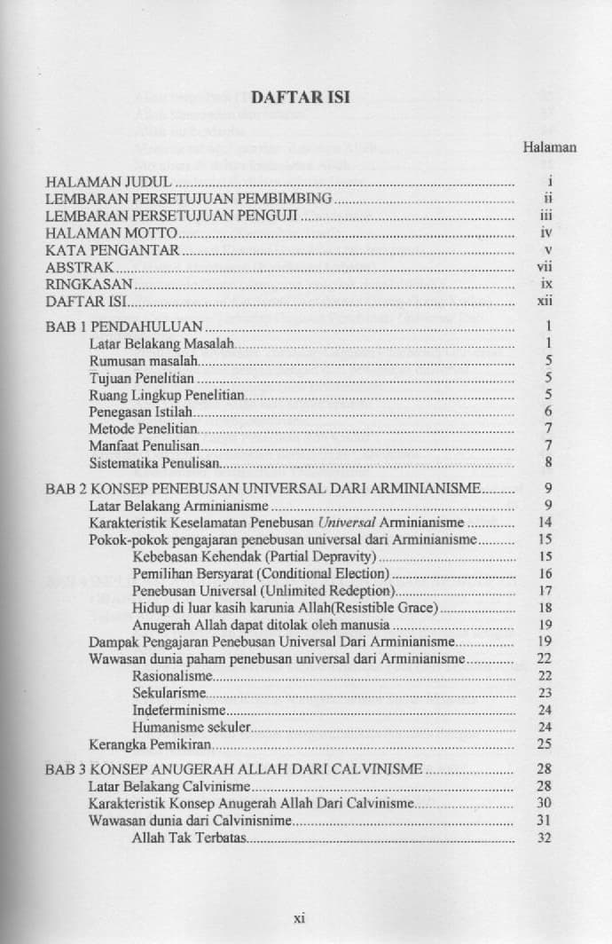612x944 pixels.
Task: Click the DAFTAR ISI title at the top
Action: [x=304, y=98]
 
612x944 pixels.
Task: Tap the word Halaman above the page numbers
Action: [x=550, y=147]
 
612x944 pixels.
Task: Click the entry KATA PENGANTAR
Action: [x=113, y=250]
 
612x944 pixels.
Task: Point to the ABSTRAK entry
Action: [x=81, y=267]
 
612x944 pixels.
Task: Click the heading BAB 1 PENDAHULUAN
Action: [x=125, y=326]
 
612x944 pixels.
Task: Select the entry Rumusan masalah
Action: [x=143, y=360]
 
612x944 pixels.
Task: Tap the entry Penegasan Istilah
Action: [x=141, y=412]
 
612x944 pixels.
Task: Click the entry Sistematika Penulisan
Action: [x=154, y=463]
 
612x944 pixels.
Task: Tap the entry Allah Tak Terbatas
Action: [x=189, y=838]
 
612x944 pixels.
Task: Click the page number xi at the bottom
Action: [x=299, y=919]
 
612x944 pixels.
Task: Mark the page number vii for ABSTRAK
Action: [x=545, y=267]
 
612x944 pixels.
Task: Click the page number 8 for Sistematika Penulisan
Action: [x=549, y=463]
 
